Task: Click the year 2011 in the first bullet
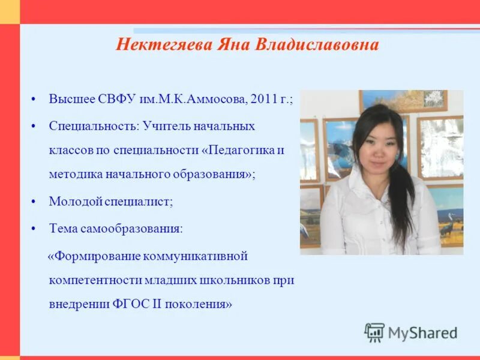click(x=264, y=99)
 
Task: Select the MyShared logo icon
click(x=374, y=332)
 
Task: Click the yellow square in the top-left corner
click(x=10, y=11)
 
